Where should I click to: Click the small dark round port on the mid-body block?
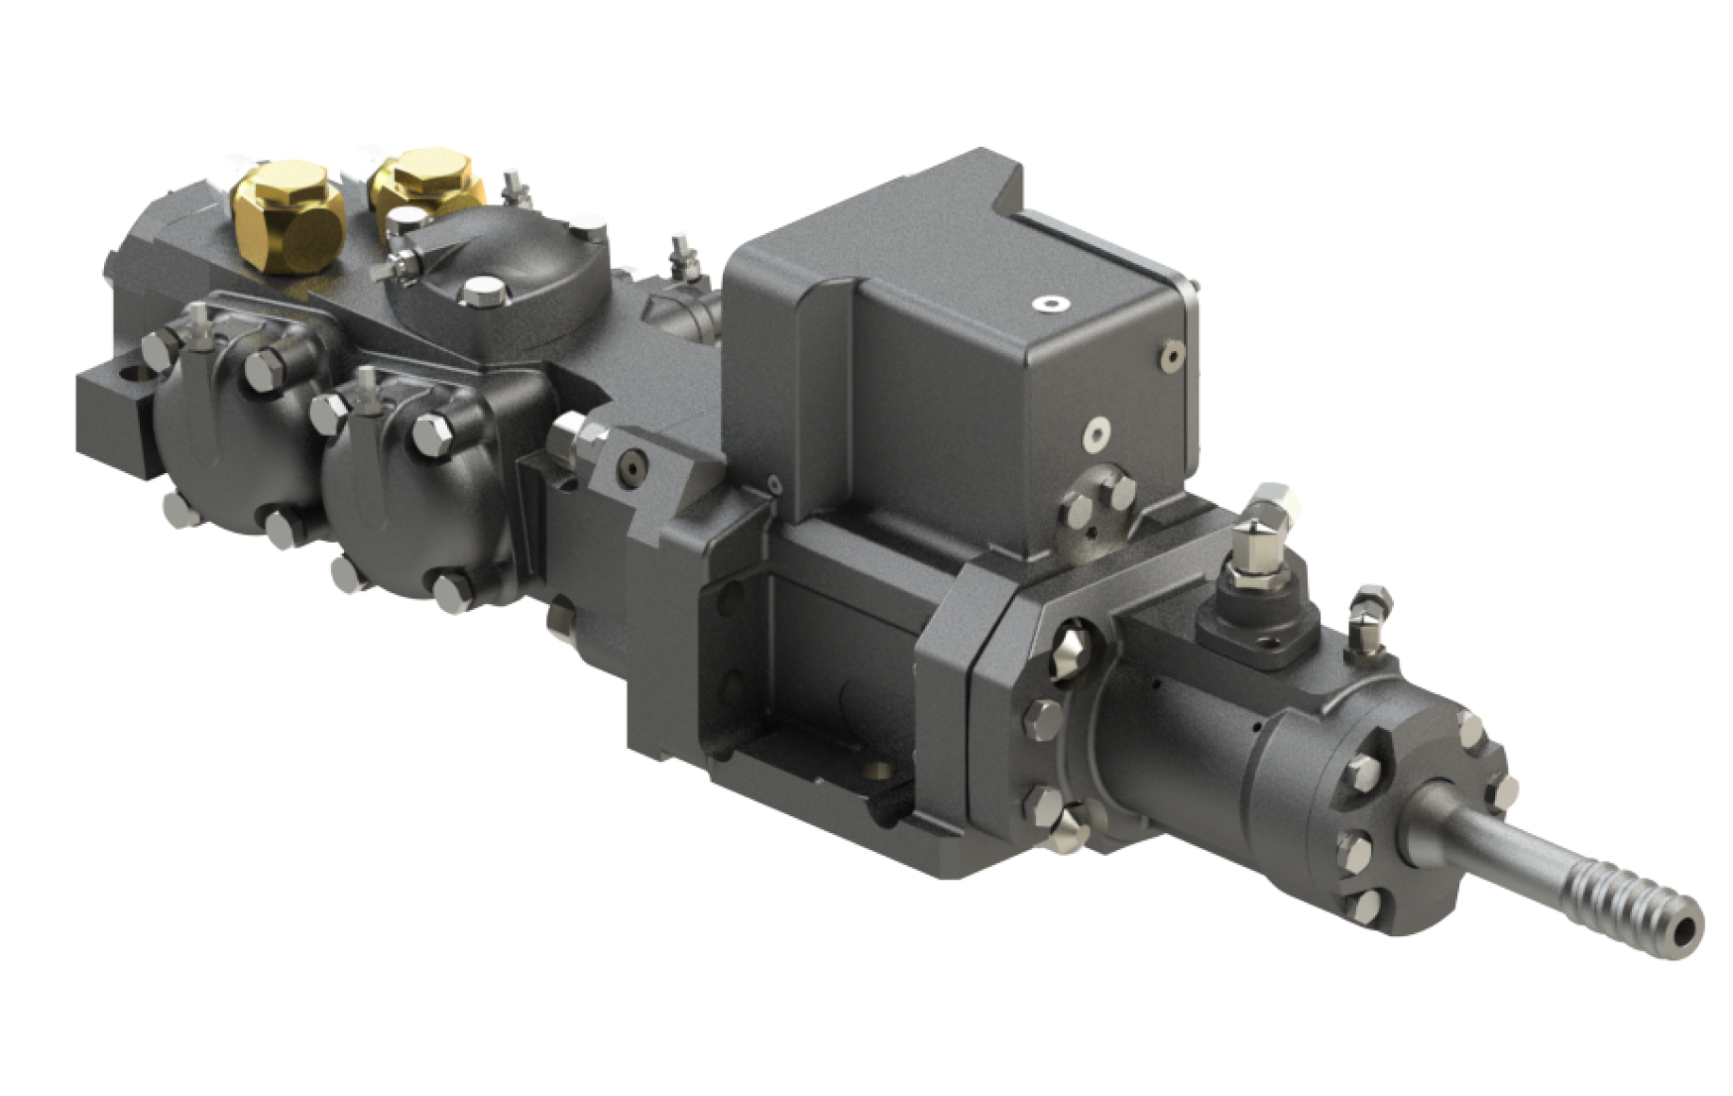pos(632,464)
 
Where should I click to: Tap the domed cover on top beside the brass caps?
pos(496,258)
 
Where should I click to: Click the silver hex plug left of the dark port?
pos(573,436)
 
